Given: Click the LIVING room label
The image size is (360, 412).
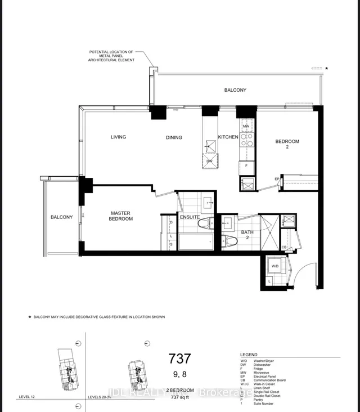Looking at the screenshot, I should click(x=118, y=137).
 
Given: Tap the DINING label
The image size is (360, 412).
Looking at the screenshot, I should click(x=174, y=137).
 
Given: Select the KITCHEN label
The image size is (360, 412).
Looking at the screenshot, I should click(x=228, y=137).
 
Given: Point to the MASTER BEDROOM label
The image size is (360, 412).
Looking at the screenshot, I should click(x=121, y=216).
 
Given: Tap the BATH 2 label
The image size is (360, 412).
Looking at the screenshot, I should click(x=247, y=235).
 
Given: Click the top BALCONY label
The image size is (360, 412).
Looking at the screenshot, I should click(x=235, y=90).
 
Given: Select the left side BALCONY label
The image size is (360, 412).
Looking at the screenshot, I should click(x=61, y=217).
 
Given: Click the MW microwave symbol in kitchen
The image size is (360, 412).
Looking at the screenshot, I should click(x=246, y=127).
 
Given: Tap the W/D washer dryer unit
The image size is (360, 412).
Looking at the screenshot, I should click(x=276, y=266).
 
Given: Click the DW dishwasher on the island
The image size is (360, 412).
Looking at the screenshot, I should click(x=209, y=162).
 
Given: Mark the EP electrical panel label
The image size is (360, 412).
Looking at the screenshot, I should click(x=277, y=179).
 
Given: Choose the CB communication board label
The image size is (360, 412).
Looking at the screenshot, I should click(x=284, y=247).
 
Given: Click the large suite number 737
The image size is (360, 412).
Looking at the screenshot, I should click(x=180, y=359).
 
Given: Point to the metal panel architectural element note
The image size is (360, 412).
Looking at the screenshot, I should click(x=112, y=56).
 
